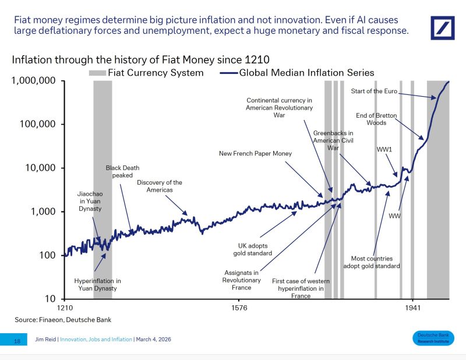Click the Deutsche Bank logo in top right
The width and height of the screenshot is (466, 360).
click(x=442, y=28)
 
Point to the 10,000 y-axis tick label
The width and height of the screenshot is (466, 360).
click(x=40, y=168)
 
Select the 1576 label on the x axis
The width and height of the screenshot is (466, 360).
click(x=239, y=308)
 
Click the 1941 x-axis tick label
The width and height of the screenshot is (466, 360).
click(x=412, y=308)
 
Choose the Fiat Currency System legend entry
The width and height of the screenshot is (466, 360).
click(x=146, y=73)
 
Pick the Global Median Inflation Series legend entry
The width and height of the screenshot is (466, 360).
click(x=297, y=73)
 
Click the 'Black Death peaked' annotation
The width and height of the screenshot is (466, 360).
click(x=119, y=171)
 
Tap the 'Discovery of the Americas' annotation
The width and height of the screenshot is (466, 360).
click(x=160, y=186)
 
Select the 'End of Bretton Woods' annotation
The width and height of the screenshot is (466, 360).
click(x=376, y=119)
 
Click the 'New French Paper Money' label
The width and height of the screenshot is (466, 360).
click(x=255, y=154)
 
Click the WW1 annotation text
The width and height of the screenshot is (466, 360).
click(x=384, y=150)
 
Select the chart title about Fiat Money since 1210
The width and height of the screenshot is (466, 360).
click(x=140, y=59)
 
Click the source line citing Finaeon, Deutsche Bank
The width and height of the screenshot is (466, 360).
click(x=62, y=319)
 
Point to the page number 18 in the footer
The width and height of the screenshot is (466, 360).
click(x=17, y=341)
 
